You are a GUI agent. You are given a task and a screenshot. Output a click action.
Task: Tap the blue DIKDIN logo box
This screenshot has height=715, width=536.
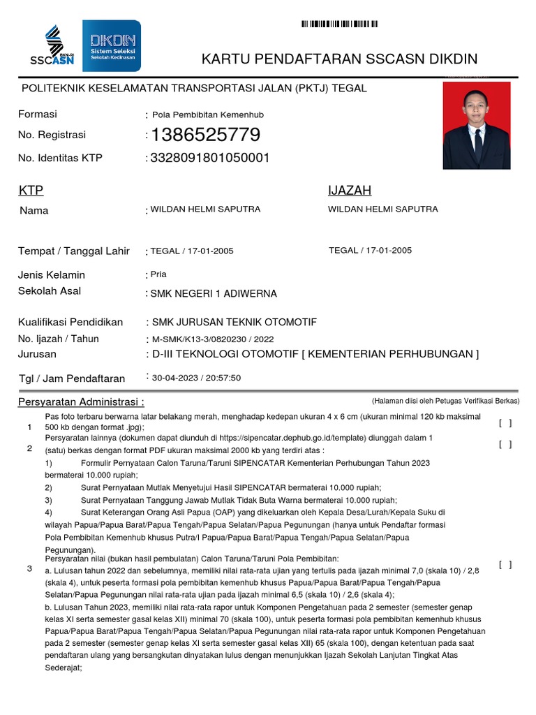pos(112,45)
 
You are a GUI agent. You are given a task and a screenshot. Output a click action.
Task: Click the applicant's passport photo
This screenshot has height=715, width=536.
pos(477,126)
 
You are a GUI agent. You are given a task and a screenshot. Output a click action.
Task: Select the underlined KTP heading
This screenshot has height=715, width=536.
pos(31,191)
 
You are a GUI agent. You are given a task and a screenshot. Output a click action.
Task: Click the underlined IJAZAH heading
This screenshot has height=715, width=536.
pos(350,191)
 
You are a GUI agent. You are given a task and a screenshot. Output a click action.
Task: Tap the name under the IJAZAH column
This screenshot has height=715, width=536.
pos(383,209)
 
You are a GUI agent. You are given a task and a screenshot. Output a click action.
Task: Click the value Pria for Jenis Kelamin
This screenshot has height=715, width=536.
pos(159,274)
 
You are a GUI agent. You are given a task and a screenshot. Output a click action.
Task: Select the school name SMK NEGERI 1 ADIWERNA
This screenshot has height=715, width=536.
pos(214,293)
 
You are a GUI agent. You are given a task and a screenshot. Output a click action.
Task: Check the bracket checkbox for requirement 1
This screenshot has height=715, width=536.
pos(505,422)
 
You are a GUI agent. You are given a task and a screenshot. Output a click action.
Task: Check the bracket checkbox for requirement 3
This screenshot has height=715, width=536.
pos(505,564)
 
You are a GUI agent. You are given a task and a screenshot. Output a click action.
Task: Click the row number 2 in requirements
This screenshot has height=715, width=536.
pos(29,448)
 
